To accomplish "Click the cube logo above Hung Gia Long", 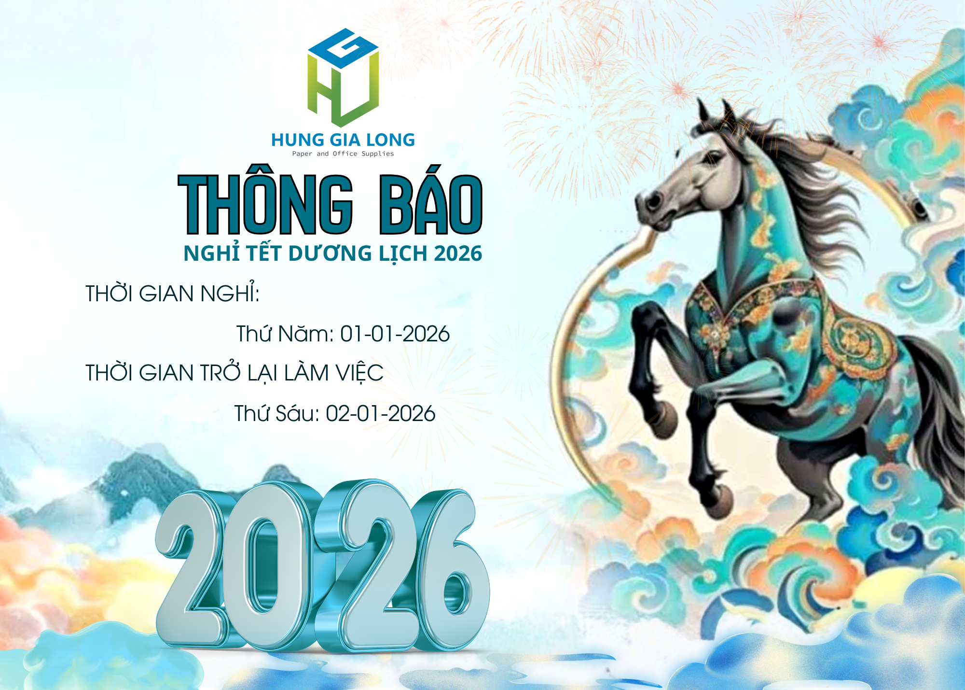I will pos(343,77).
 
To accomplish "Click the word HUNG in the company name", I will pos(297,140).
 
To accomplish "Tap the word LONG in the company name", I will pos(390,140).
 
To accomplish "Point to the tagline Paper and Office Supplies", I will pos(343,154).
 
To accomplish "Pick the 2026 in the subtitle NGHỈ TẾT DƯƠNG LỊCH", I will pos(458,253).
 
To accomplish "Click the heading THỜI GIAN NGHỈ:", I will pos(172,294).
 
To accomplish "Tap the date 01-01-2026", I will pos(395,334).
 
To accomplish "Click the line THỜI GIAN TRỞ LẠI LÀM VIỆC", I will pos(234,373).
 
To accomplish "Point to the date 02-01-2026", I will pos(380,414).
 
